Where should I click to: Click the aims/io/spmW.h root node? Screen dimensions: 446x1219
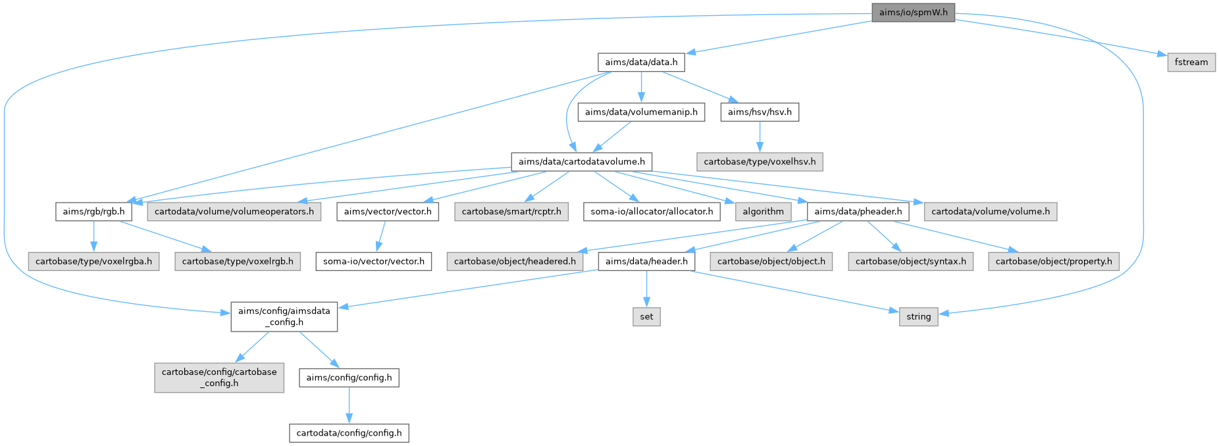tap(913, 12)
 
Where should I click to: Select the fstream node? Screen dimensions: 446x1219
tap(1191, 62)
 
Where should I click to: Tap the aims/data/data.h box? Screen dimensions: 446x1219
tap(641, 62)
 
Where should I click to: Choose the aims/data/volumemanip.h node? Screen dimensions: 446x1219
tap(641, 112)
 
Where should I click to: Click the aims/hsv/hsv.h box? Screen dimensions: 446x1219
tap(760, 112)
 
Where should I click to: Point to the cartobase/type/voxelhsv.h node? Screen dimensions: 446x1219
tap(760, 161)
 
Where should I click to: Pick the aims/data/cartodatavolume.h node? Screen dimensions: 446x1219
tap(582, 161)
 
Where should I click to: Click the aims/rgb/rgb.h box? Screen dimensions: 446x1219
tap(93, 212)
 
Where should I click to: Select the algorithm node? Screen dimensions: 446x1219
tap(763, 212)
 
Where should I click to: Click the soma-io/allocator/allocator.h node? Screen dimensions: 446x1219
tap(652, 212)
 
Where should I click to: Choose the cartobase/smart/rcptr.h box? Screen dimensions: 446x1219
tap(511, 212)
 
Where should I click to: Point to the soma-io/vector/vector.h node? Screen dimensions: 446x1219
tap(374, 261)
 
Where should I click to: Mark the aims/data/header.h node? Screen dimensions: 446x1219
tap(646, 261)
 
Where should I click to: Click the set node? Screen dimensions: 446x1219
tap(646, 316)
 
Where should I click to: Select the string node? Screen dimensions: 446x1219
tap(918, 316)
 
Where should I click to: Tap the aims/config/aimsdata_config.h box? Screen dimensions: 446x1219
tap(284, 316)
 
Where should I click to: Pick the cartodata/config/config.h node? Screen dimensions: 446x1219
tap(349, 433)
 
